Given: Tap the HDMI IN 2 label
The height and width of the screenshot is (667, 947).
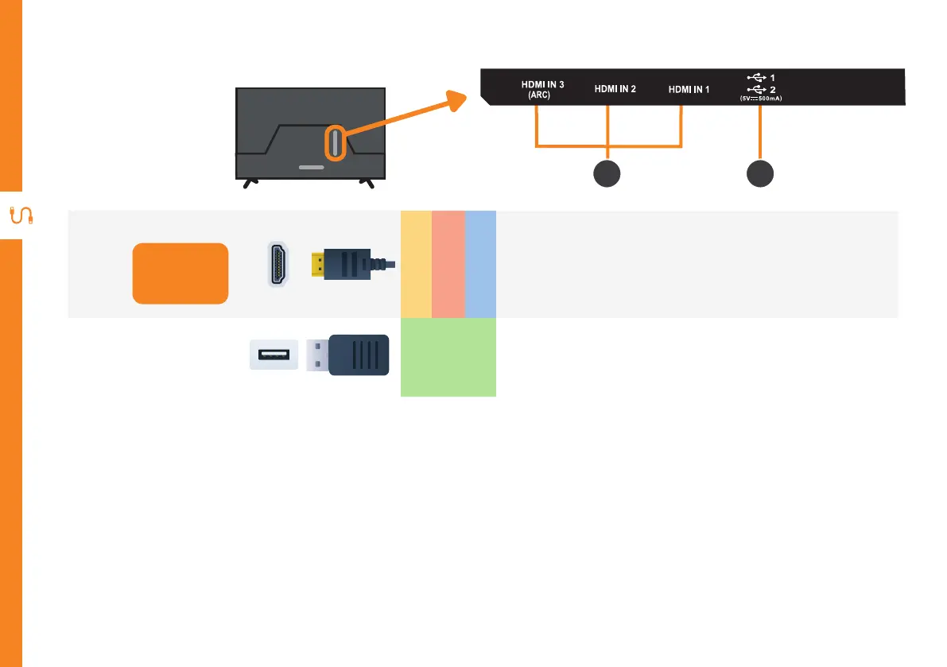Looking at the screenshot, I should pos(615,89).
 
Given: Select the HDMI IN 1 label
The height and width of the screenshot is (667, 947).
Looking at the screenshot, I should pos(689,89).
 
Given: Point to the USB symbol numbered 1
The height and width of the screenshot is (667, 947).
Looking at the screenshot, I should pos(757,77).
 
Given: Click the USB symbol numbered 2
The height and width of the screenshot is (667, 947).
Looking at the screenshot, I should pos(757,89).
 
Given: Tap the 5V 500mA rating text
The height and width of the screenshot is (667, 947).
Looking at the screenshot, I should pos(761,99).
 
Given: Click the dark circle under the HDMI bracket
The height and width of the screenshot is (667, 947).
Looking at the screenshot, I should pos(607,174).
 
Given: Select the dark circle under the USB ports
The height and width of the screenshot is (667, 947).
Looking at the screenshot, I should pos(760,174).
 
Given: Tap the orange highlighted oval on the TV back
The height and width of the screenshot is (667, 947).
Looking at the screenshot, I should pos(336,143).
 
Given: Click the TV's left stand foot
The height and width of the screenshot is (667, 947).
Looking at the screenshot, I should pos(250,183).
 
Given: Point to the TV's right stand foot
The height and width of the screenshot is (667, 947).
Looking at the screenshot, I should pos(367,183).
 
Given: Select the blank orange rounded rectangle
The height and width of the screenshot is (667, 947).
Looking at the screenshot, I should pos(180,273).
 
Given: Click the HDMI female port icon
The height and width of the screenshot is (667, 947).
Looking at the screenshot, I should pos(278,263).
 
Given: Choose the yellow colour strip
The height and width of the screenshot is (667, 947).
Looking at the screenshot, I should pos(416,264).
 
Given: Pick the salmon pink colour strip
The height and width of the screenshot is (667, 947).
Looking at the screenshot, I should pos(448,264).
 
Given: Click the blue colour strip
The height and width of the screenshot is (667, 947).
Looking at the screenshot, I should pos(480,264).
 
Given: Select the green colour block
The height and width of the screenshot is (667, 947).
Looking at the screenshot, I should pos(448,357).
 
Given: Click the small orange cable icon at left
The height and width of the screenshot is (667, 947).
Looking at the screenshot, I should pos(19,216).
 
